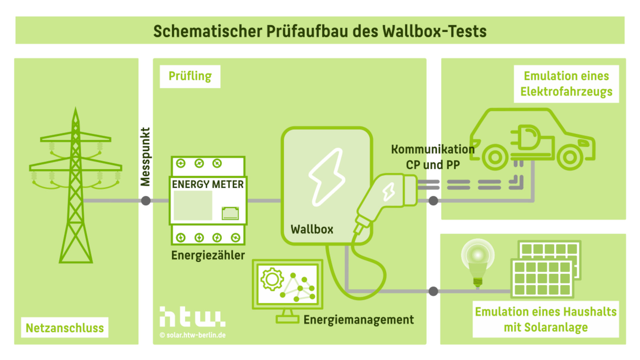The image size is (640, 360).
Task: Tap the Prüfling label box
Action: [x=190, y=76]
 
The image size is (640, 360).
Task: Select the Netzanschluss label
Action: [x=65, y=328]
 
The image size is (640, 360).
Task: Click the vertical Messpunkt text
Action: [x=146, y=157]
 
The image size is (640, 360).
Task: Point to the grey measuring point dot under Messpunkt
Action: [x=146, y=201]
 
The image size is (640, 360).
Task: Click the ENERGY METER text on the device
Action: [x=208, y=184]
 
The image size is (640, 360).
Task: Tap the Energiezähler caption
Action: [x=208, y=255]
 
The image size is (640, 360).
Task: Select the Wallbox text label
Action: [x=312, y=229]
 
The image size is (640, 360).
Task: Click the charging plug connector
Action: [x=386, y=197]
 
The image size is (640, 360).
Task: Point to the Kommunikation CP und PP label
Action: [x=433, y=157]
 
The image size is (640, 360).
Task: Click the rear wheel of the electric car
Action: [x=495, y=157]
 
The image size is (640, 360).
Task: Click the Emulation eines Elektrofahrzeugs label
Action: [x=566, y=84]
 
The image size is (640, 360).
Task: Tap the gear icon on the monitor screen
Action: [x=272, y=279]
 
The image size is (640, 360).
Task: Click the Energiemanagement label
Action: [x=358, y=320]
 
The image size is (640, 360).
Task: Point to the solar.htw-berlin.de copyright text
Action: [x=193, y=335]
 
